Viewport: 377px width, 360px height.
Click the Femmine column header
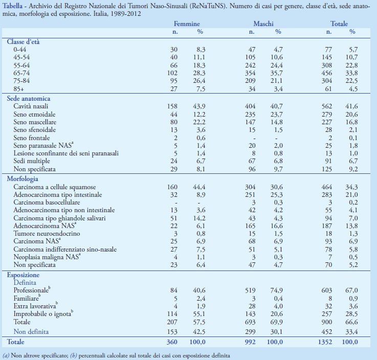187,24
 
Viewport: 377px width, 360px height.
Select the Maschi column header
263,24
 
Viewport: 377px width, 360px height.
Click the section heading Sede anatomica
28,98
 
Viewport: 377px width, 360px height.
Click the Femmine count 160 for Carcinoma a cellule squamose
173,187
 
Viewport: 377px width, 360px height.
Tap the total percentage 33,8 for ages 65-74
351,73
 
